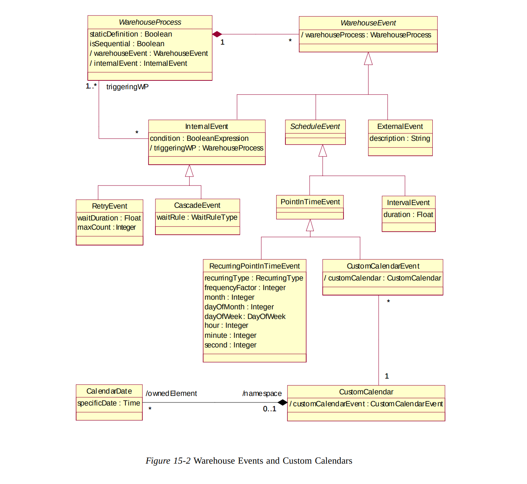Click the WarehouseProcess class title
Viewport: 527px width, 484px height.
pyautogui.click(x=150, y=22)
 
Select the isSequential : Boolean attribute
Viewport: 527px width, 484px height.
pyautogui.click(x=127, y=44)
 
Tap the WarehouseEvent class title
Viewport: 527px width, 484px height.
pyautogui.click(x=368, y=23)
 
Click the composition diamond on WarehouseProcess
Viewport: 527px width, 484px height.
pyautogui.click(x=217, y=34)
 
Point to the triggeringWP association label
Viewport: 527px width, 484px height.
pyautogui.click(x=127, y=87)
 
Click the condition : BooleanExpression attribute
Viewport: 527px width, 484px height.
pyautogui.click(x=199, y=139)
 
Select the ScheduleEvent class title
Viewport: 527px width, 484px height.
pyautogui.click(x=315, y=127)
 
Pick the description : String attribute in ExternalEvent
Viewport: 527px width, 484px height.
pyautogui.click(x=400, y=139)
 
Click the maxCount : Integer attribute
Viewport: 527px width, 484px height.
pyautogui.click(x=107, y=227)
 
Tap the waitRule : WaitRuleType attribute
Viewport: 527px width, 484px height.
pyautogui.click(x=197, y=217)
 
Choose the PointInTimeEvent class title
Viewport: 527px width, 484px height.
pyautogui.click(x=310, y=202)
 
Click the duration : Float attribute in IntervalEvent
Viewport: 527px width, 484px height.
pyautogui.click(x=408, y=215)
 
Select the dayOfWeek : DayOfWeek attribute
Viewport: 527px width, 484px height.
pyautogui.click(x=245, y=317)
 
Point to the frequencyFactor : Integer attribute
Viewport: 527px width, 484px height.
pyautogui.click(x=245, y=288)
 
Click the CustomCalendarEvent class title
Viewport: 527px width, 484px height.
pyautogui.click(x=383, y=266)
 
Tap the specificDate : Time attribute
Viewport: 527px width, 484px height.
pyautogui.click(x=109, y=403)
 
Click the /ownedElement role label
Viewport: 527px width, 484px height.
pyautogui.click(x=171, y=394)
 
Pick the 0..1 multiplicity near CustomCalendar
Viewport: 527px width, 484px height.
pyautogui.click(x=270, y=409)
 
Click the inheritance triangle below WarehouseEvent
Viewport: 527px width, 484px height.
pyautogui.click(x=368, y=59)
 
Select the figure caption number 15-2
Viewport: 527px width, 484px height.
pyautogui.click(x=182, y=461)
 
